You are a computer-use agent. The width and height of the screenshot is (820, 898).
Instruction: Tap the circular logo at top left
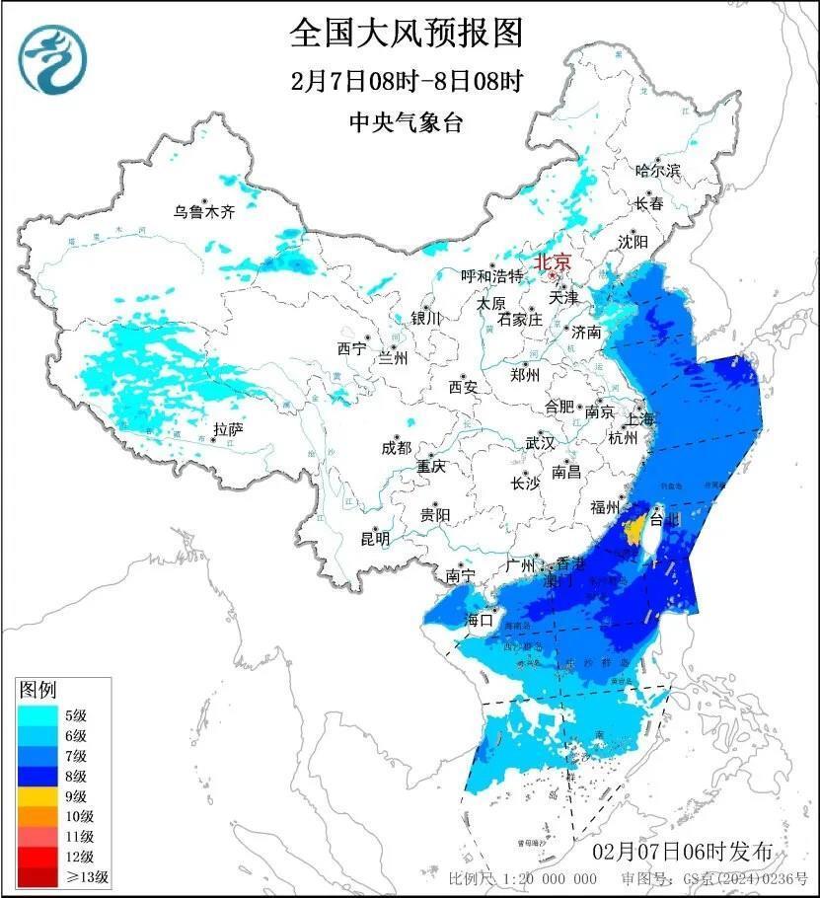[x=52, y=56]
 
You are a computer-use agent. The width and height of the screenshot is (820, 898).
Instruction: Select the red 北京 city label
[x=552, y=262]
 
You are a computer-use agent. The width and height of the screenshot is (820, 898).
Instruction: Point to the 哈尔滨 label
[x=658, y=171]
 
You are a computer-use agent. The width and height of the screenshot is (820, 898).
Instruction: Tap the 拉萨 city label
[x=227, y=429]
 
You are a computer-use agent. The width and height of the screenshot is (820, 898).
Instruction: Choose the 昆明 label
[x=375, y=539]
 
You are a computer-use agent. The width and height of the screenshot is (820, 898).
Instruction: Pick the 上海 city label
[x=639, y=418]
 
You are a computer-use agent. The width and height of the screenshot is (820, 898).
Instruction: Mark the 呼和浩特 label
[x=492, y=276]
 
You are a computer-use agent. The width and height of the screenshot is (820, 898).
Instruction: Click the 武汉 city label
[x=540, y=442]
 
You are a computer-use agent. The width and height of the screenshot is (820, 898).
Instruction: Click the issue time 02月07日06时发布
[x=682, y=852]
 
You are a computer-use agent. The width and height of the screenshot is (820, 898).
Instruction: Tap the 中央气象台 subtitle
[x=406, y=122]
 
